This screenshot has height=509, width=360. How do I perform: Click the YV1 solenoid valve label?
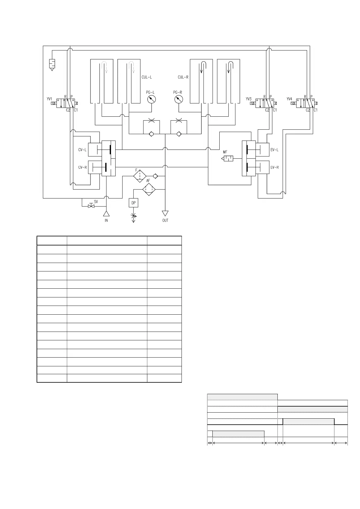tap(49, 99)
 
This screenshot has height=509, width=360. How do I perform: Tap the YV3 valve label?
tap(249, 99)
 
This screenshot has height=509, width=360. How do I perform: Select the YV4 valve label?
tap(289, 99)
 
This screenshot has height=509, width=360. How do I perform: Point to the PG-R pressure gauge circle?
tap(179, 99)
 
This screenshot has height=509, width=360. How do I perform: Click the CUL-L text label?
tap(147, 77)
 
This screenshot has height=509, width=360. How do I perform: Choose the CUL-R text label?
tap(183, 77)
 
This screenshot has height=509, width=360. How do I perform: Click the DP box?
tap(133, 203)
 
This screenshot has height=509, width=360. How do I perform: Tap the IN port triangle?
tap(106, 214)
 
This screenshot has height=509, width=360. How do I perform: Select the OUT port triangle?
tap(165, 213)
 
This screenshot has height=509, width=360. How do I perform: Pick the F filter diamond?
tap(140, 176)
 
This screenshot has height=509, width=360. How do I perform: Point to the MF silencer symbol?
tap(228, 158)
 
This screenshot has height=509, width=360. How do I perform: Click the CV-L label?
tap(82, 150)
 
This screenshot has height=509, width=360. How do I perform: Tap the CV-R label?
tap(82, 167)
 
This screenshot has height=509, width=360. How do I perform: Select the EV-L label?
tap(274, 150)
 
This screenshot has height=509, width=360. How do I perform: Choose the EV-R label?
tap(274, 167)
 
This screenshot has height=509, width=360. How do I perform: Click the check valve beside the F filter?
tap(155, 176)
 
